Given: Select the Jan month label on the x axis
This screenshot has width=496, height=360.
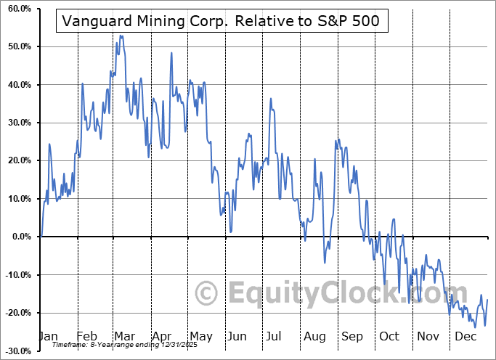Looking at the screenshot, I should [x=49, y=336].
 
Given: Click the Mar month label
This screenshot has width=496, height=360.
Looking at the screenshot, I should [x=124, y=336].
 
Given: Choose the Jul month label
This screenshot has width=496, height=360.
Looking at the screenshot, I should [x=275, y=336].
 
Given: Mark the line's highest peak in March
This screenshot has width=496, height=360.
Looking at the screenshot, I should [x=120, y=35].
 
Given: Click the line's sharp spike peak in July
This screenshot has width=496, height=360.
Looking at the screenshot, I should [x=270, y=99].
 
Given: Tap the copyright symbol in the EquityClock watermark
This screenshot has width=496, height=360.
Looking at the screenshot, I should [x=207, y=294].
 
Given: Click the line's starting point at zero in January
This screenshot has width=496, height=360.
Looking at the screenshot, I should [x=41, y=237].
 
